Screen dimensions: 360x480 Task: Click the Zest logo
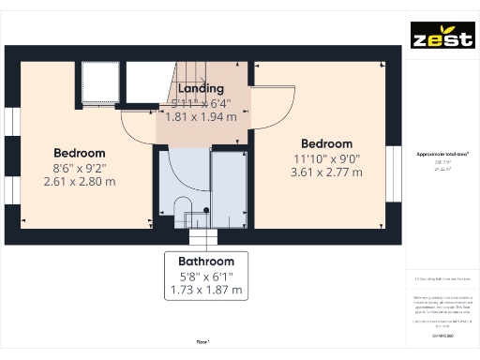[x=442, y=40]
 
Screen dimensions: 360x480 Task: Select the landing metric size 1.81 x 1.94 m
[x=201, y=117]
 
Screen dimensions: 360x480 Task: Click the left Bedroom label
[x=80, y=153]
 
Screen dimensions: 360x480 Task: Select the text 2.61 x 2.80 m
[x=80, y=181]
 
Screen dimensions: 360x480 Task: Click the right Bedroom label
[x=326, y=144]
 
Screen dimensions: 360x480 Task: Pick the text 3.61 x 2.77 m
[x=326, y=172]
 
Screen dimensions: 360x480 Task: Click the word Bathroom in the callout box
[x=206, y=261]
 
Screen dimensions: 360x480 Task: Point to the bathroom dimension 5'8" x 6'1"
[x=206, y=277]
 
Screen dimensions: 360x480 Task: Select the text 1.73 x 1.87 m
[x=206, y=291]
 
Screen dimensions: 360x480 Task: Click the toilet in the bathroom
[x=183, y=206]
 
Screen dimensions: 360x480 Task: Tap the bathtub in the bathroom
[x=229, y=187]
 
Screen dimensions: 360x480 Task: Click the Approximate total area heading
[x=442, y=153]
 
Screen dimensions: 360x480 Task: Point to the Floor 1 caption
[x=202, y=342]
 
